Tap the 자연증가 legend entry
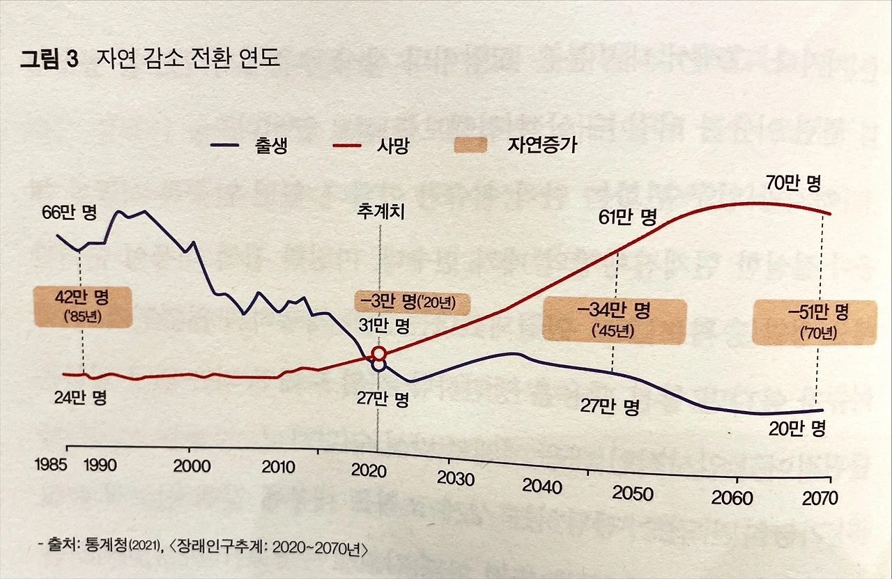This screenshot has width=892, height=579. tap(515, 146)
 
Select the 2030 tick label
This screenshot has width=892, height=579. tap(455, 479)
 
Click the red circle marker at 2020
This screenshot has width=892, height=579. tap(379, 354)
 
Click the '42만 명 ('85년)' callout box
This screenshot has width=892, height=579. tap(82, 307)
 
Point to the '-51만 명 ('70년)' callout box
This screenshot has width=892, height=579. tap(813, 322)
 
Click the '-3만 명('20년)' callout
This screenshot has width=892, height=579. tap(413, 303)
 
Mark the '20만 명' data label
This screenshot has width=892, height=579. tap(797, 428)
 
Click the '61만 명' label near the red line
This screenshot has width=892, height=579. tap(628, 217)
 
